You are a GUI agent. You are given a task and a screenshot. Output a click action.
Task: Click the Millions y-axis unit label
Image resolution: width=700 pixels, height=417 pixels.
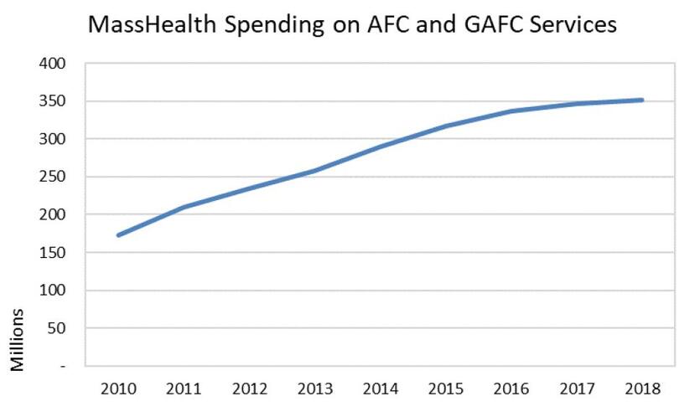point(18,339)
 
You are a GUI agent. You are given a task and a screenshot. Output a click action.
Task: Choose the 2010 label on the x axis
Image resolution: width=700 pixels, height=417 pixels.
point(117,389)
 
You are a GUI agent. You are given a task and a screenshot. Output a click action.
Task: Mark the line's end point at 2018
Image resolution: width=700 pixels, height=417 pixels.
point(642,100)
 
